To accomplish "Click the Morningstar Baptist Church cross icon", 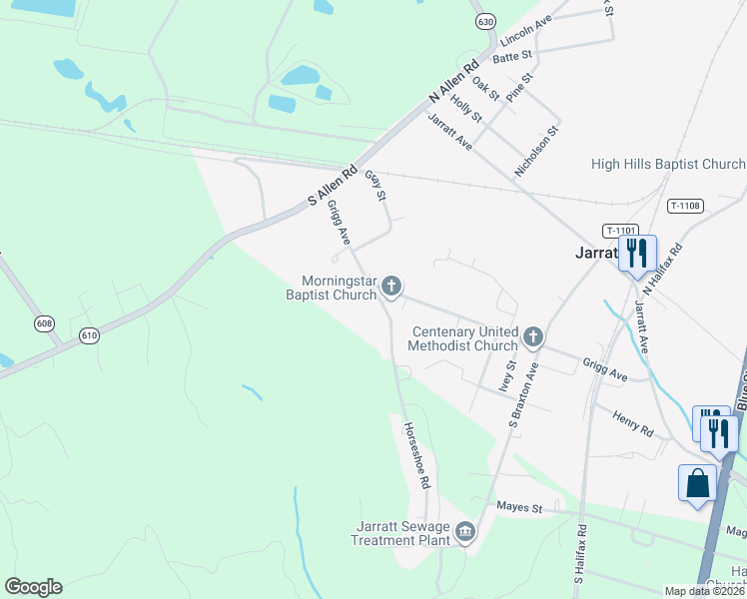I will [x=391, y=288].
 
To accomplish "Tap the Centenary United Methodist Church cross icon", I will [x=533, y=336].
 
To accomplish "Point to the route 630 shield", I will [x=485, y=21].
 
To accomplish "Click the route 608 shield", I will [x=44, y=323].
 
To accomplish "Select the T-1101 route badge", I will [x=619, y=230].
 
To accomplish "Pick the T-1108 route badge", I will [x=685, y=206].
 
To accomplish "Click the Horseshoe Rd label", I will [x=416, y=453].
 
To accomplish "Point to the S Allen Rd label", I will [x=334, y=187].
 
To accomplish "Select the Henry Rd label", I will [x=632, y=423].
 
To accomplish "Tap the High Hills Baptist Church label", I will [x=668, y=164].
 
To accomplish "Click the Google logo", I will [x=33, y=587].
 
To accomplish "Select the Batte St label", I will [x=512, y=58].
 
